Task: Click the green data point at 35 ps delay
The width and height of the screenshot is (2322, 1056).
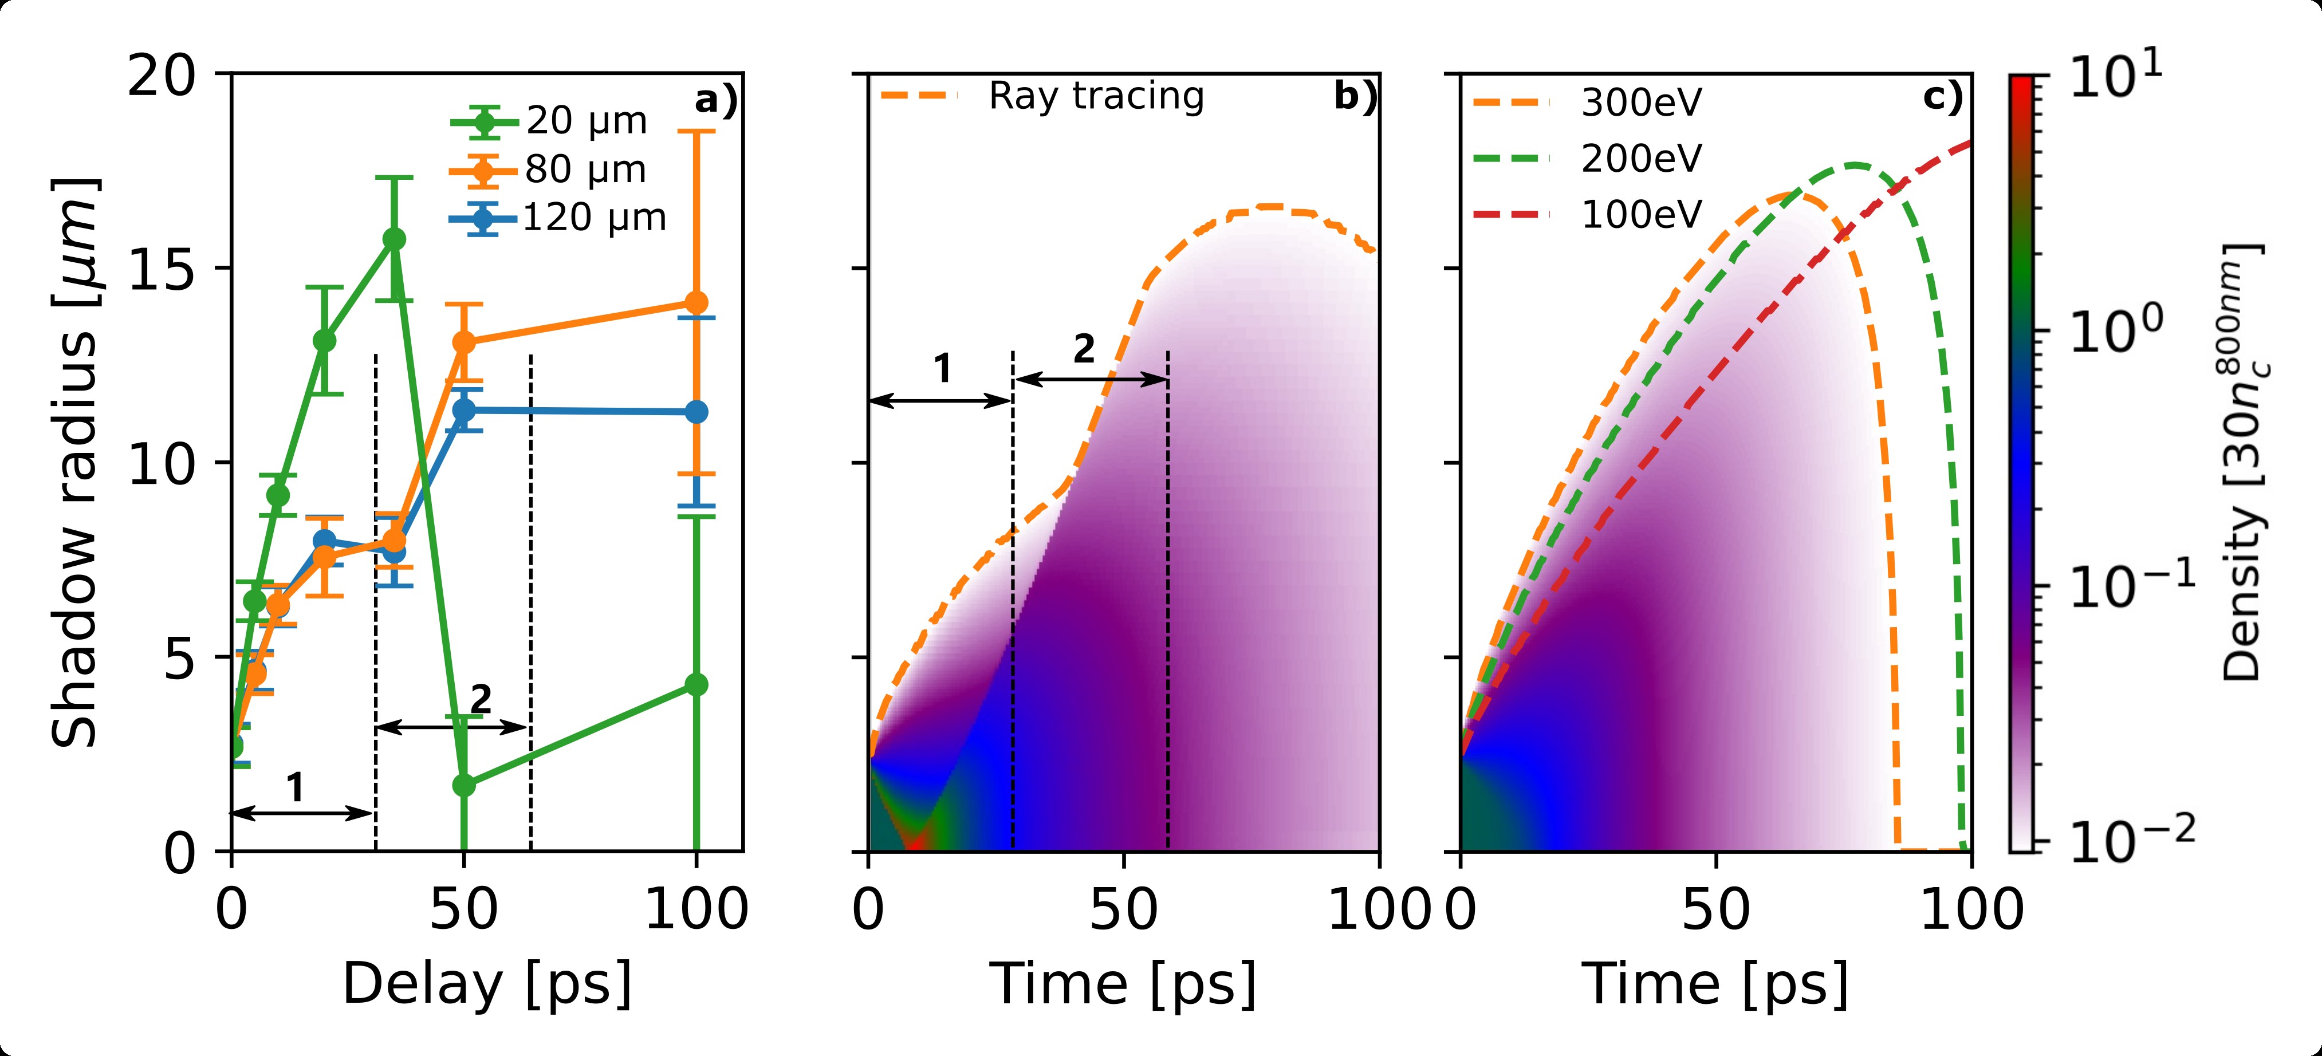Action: pos(394,239)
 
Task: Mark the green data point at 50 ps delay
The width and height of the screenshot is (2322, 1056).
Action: pos(464,786)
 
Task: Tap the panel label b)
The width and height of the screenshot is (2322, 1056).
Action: pos(1355,96)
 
